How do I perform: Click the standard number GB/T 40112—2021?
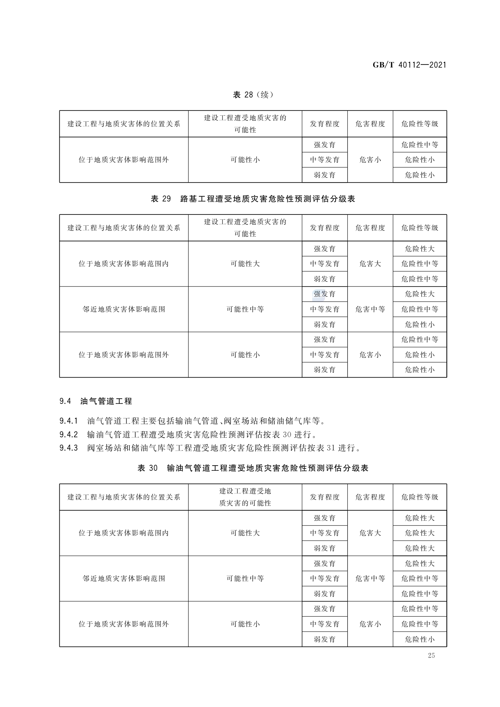coord(409,65)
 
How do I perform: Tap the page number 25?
coord(432,655)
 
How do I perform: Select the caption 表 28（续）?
coord(253,95)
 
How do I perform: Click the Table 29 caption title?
coord(253,199)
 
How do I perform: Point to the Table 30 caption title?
coord(253,468)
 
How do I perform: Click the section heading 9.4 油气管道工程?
coord(95,401)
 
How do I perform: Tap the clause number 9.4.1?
coord(68,421)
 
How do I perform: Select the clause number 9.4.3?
coord(68,448)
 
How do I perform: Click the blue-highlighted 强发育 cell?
coord(324,294)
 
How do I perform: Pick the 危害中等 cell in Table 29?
coord(370,309)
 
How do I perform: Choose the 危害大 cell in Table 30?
coord(370,533)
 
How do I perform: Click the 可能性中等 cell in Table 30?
coord(245,578)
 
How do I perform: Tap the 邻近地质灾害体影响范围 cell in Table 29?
coord(124,309)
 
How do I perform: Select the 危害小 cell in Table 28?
coord(370,160)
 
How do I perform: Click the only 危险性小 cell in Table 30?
coord(419,639)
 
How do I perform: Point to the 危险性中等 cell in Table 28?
coord(419,145)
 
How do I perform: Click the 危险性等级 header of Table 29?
coord(419,228)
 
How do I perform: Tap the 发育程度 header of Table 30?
coord(324,497)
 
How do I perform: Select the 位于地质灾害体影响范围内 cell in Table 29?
coord(124,264)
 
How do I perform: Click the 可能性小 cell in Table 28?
coord(245,160)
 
